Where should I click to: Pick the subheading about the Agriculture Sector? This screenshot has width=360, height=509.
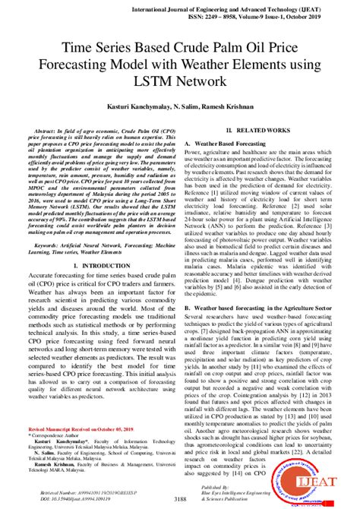click(256, 306)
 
